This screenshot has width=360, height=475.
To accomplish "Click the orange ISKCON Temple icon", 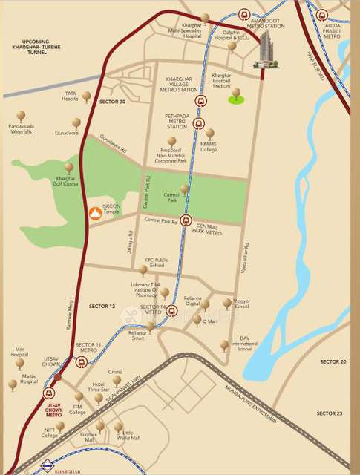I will click(94, 214).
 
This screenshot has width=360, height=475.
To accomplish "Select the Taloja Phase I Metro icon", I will click(321, 14).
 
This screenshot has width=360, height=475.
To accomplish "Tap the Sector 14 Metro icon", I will click(171, 311).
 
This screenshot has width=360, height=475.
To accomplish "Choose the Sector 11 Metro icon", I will click(81, 361).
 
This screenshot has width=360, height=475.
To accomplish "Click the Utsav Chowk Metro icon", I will click(49, 394).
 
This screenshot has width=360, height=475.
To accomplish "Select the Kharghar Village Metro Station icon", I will click(199, 102).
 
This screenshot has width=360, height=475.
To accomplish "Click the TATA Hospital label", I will click(71, 96).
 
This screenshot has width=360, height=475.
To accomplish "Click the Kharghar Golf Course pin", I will click(69, 168).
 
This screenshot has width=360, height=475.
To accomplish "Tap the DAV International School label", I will click(244, 343).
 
